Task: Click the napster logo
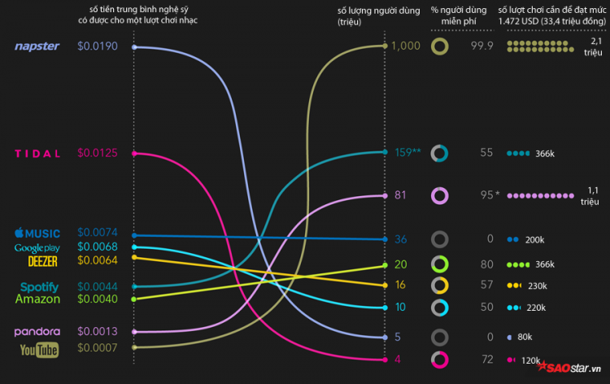tap(37, 46)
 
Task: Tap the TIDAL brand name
tap(37, 153)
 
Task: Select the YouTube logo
tap(39, 350)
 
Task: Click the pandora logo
tap(37, 332)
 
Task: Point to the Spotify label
tap(39, 286)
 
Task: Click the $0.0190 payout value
tap(98, 46)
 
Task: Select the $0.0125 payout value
tap(98, 153)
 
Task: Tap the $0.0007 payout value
tap(98, 348)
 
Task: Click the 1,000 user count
tap(406, 46)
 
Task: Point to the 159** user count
tap(407, 151)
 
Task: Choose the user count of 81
tap(400, 195)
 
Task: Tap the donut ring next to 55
tap(440, 152)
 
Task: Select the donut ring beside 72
tap(440, 359)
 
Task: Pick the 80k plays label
tap(525, 337)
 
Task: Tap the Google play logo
tap(37, 247)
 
